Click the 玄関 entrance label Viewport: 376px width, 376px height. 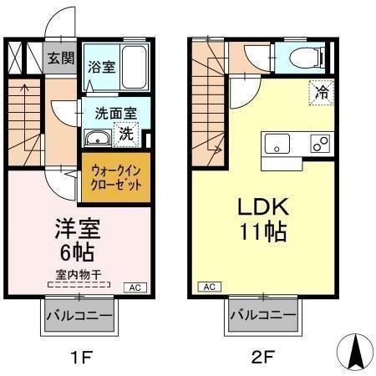(x=60, y=58)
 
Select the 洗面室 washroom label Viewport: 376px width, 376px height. (x=109, y=112)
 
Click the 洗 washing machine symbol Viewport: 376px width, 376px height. (x=125, y=132)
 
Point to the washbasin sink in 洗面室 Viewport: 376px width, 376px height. (x=96, y=139)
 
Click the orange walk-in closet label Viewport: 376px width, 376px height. (x=116, y=176)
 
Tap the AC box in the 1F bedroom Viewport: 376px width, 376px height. (x=134, y=287)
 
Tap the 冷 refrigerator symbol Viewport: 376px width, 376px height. (x=320, y=92)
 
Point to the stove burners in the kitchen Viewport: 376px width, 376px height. (x=318, y=144)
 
